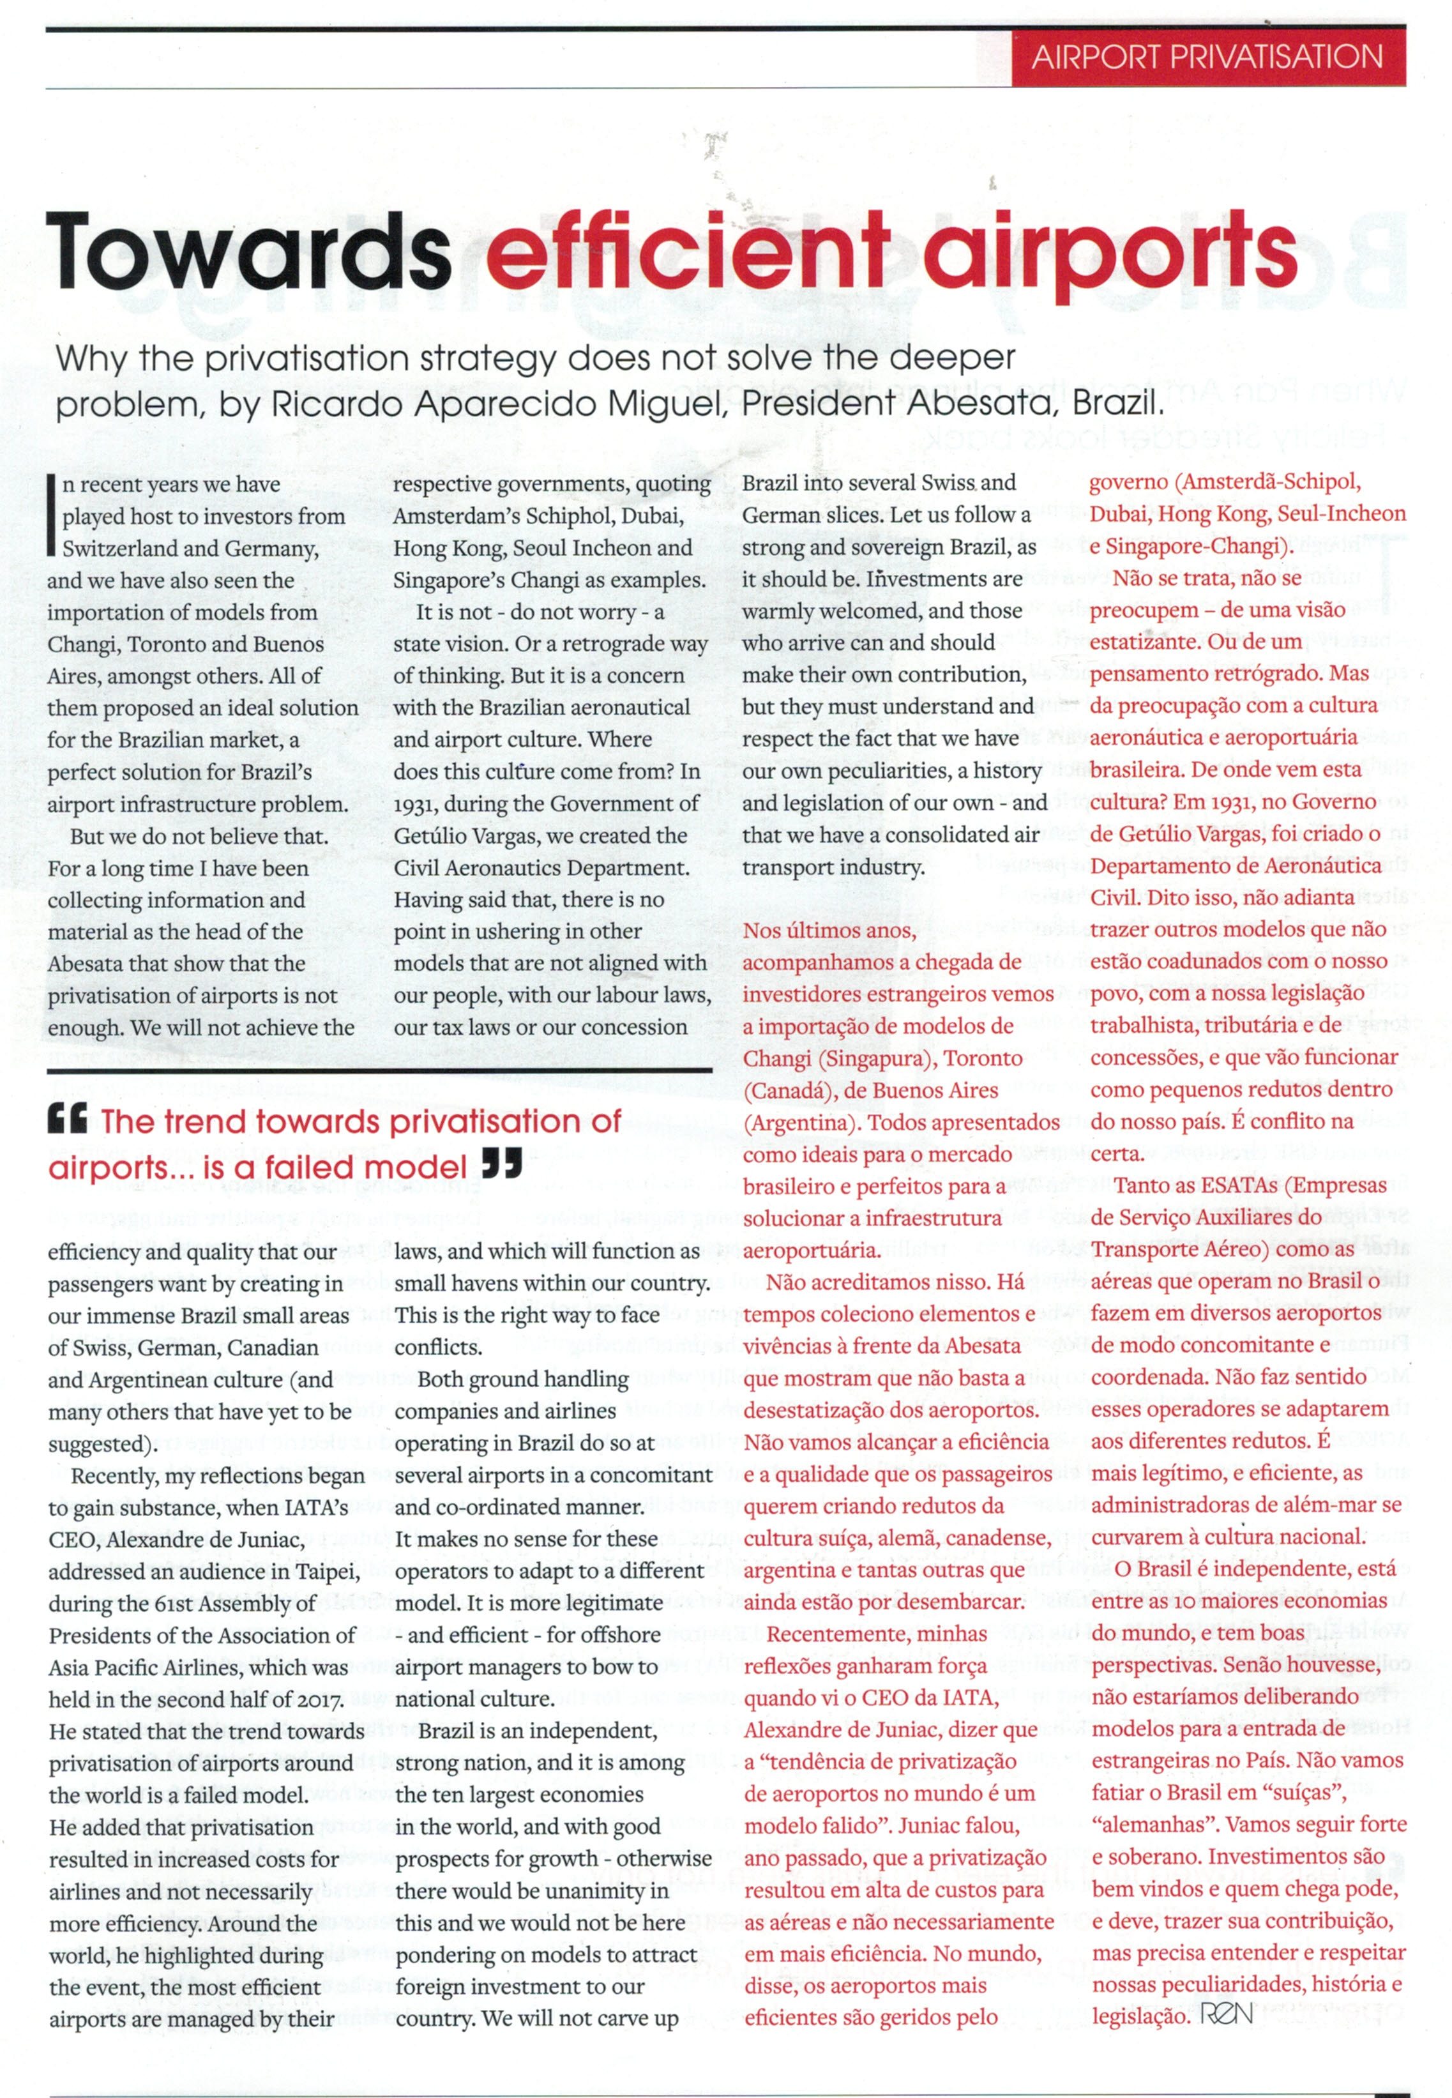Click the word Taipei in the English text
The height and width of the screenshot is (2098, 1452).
pyautogui.click(x=326, y=1571)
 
